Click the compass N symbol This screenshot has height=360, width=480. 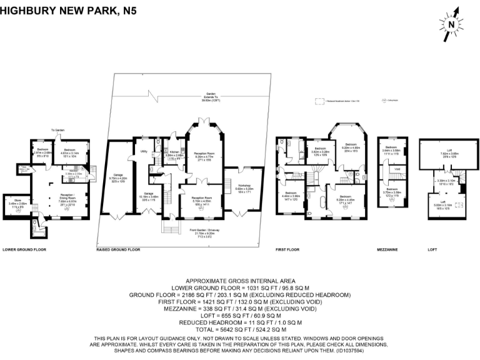click(451, 24)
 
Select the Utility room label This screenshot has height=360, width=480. click(143, 151)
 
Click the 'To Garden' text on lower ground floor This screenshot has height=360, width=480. click(58, 129)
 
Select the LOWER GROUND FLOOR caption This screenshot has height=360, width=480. click(24, 249)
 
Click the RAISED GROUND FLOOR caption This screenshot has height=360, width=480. click(118, 249)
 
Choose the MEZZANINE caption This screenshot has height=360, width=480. click(388, 249)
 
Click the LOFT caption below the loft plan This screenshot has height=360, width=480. click(432, 249)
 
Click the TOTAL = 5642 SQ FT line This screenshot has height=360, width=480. click(240, 329)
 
